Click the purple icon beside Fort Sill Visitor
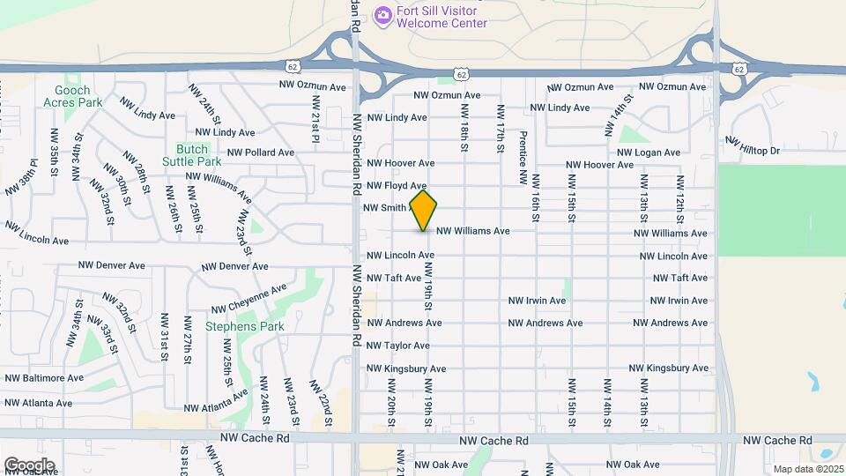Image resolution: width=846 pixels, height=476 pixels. (382, 15)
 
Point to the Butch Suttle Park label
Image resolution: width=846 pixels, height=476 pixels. (191, 155)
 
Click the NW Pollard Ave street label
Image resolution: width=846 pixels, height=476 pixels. (260, 152)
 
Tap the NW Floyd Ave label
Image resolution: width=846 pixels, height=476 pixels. (397, 186)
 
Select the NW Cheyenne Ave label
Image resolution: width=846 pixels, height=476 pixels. (249, 299)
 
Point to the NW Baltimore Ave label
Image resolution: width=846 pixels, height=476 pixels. (44, 377)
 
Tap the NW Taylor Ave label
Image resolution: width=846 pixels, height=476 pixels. (397, 346)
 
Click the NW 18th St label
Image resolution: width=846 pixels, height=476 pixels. (464, 129)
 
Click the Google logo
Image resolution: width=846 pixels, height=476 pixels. (29, 465)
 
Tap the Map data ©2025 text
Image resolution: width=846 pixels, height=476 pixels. (807, 469)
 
